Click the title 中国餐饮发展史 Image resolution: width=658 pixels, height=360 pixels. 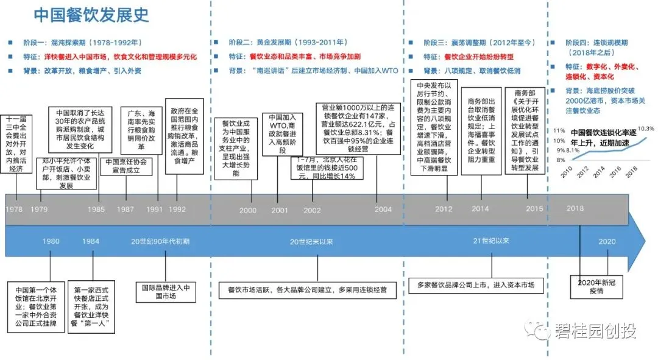tap(91, 15)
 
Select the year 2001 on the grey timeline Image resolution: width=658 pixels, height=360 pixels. tap(280, 210)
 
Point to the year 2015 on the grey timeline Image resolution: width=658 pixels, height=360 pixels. tap(534, 208)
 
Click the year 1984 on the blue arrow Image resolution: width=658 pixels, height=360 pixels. tap(91, 241)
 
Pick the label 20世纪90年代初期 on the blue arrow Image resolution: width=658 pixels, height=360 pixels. tap(160, 241)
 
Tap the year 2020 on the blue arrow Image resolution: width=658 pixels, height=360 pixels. tap(607, 241)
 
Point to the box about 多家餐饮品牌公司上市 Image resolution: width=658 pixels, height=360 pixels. tap(476, 284)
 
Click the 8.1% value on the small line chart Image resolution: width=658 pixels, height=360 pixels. tap(573, 150)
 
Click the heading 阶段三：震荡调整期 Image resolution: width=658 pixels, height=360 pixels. tap(479, 43)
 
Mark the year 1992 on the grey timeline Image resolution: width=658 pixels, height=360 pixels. tap(177, 209)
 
